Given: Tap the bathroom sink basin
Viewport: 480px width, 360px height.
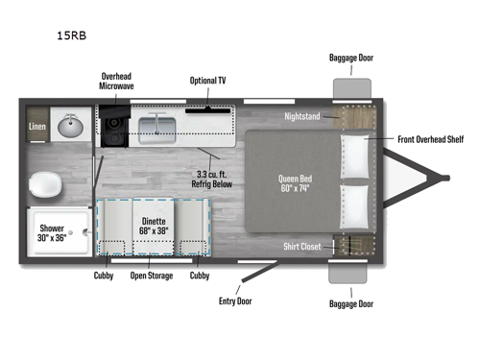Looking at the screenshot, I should pyautogui.click(x=68, y=127).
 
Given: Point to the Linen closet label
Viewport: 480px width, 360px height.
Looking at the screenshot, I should pyautogui.click(x=37, y=127).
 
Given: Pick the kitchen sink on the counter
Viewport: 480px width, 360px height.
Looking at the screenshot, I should pyautogui.click(x=157, y=126).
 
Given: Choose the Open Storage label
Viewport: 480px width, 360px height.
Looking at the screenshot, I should pyautogui.click(x=151, y=276).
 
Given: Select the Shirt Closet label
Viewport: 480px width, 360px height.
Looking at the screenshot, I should pyautogui.click(x=304, y=246).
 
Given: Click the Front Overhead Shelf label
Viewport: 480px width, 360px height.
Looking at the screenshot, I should pyautogui.click(x=431, y=139).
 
